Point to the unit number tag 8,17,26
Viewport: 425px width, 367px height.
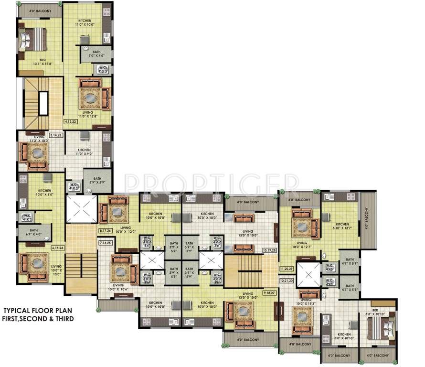[x=106, y=231]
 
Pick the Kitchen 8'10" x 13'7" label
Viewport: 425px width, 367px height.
[x=342, y=226]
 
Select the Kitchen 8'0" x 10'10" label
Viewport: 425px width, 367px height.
[x=344, y=336]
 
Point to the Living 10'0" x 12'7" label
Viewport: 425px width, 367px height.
[x=301, y=245]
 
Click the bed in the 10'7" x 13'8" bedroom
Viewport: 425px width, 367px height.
[x=33, y=38]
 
